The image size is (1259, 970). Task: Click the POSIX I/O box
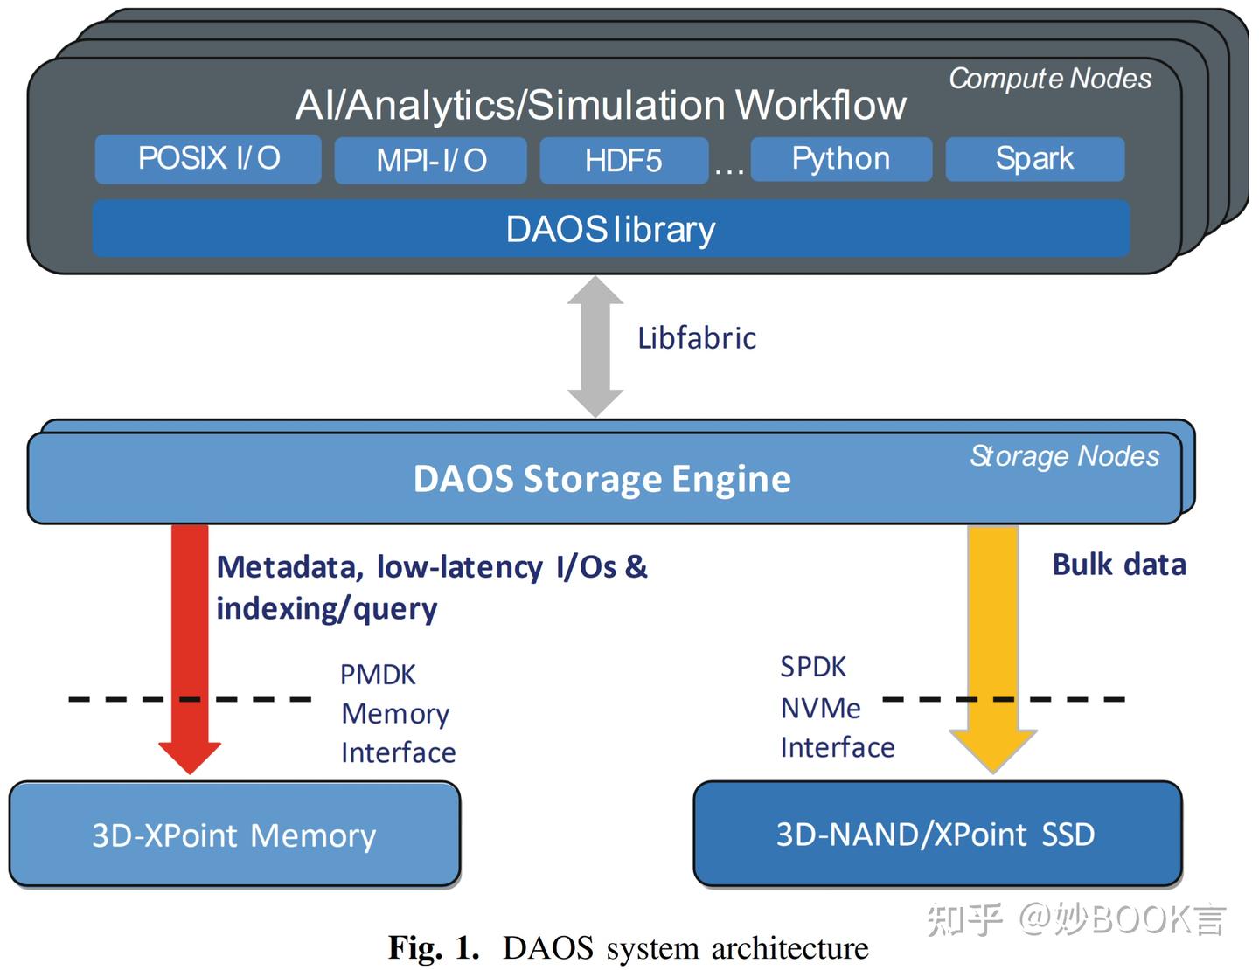pyautogui.click(x=208, y=159)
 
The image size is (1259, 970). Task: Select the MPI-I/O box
pyautogui.click(x=430, y=161)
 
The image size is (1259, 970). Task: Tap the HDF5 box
pyautogui.click(x=623, y=161)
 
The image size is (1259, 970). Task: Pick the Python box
pyautogui.click(x=841, y=159)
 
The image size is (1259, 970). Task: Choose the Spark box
pyautogui.click(x=1034, y=159)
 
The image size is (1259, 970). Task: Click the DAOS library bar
pyautogui.click(x=610, y=229)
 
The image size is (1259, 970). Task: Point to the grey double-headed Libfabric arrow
pyautogui.click(x=595, y=347)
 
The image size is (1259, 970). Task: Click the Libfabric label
pyautogui.click(x=697, y=338)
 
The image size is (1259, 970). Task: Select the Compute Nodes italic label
pyautogui.click(x=1050, y=79)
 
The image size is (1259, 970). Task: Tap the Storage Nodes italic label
pyautogui.click(x=1064, y=456)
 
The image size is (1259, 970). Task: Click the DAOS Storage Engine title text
pyautogui.click(x=602, y=479)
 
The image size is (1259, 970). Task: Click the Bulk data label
pyautogui.click(x=1119, y=565)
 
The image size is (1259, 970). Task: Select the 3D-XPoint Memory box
pyautogui.click(x=234, y=835)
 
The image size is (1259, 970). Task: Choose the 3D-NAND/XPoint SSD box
pyautogui.click(x=936, y=835)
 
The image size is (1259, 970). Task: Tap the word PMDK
pyautogui.click(x=378, y=675)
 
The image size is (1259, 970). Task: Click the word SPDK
pyautogui.click(x=813, y=667)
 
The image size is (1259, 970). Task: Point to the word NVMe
pyautogui.click(x=820, y=708)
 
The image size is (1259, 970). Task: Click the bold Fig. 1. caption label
pyautogui.click(x=434, y=947)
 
